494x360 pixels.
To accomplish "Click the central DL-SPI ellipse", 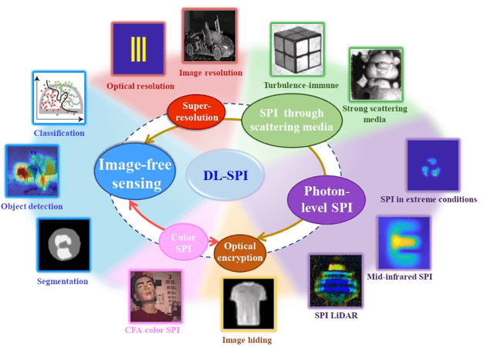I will pyautogui.click(x=226, y=175).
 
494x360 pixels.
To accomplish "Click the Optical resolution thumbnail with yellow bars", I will pyautogui.click(x=138, y=49).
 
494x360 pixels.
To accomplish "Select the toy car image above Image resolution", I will pyautogui.click(x=210, y=36).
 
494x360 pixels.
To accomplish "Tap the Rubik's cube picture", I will pyautogui.click(x=297, y=48).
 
